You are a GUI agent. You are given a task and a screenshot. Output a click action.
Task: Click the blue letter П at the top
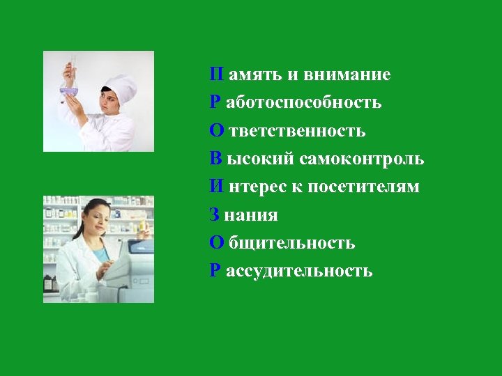point(217,75)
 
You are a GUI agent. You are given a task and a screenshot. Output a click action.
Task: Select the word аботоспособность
point(304,103)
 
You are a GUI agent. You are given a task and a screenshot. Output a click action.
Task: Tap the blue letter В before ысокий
point(216,159)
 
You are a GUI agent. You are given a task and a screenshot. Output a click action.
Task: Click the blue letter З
point(215,215)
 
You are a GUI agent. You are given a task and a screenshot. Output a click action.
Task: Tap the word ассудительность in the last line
point(299,271)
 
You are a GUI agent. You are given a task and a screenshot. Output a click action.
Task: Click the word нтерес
point(252,187)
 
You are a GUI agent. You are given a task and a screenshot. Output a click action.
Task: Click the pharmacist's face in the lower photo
point(98,224)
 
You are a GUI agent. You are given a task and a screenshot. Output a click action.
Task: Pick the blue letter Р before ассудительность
point(215,270)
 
